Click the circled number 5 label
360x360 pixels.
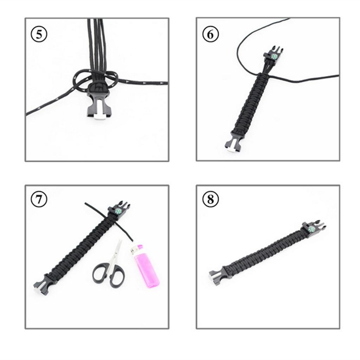[39, 34]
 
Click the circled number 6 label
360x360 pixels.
[211, 34]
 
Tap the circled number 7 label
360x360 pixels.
[39, 199]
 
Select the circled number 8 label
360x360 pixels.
[211, 199]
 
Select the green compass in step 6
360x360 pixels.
[274, 56]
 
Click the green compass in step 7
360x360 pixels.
[118, 211]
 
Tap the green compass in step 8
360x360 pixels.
[311, 229]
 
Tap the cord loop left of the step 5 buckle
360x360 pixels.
[81, 79]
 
